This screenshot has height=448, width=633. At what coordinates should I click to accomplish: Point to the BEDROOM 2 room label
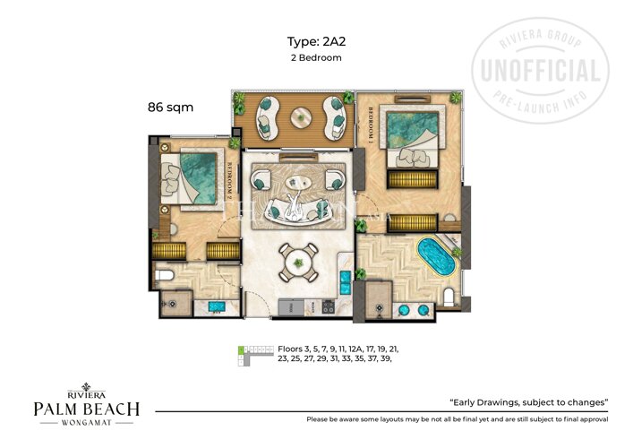pyautogui.click(x=230, y=178)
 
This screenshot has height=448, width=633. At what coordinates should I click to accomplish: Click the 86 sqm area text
pyautogui.click(x=170, y=107)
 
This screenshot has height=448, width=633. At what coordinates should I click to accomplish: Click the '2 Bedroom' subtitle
pyautogui.click(x=316, y=57)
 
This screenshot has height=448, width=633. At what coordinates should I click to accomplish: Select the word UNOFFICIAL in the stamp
pyautogui.click(x=541, y=72)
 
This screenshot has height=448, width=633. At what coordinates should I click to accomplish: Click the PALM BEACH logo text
pyautogui.click(x=86, y=409)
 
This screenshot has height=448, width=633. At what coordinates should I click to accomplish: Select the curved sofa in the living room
pyautogui.click(x=295, y=211)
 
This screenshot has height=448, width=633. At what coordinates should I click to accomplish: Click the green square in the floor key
pyautogui.click(x=240, y=348)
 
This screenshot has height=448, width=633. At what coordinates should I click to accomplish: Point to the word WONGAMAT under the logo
pyautogui.click(x=86, y=427)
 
